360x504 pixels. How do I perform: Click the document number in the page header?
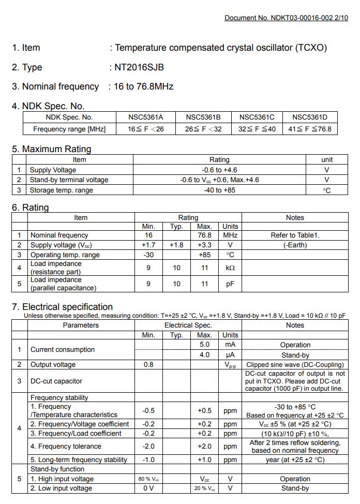[x=286, y=18]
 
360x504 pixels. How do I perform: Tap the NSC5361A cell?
[x=146, y=117]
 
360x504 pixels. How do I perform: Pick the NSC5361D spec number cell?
[x=310, y=117]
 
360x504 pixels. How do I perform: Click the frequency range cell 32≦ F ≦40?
[x=257, y=129]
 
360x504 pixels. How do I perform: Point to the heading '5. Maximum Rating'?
[x=52, y=149]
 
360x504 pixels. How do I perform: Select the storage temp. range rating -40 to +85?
[x=219, y=190]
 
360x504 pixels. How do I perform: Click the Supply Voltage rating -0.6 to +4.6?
[x=219, y=170]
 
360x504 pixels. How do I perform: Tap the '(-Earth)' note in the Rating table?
[x=295, y=245]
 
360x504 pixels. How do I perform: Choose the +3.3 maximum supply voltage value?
[x=204, y=245]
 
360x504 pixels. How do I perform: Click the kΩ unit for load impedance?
[x=230, y=268]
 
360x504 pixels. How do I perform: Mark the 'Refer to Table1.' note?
[x=295, y=235]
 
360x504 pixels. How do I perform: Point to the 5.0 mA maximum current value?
[x=204, y=345]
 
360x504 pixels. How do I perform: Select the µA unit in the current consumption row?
[x=230, y=355]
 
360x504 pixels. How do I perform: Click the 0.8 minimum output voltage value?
[x=148, y=364]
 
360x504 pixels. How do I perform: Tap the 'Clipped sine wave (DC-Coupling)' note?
[x=295, y=364]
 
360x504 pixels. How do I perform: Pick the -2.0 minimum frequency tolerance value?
[x=148, y=446]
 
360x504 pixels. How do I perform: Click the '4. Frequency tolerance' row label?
[x=66, y=446]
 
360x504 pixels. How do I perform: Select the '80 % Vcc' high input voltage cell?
[x=148, y=479]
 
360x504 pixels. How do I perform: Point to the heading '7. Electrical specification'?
[x=62, y=307]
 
